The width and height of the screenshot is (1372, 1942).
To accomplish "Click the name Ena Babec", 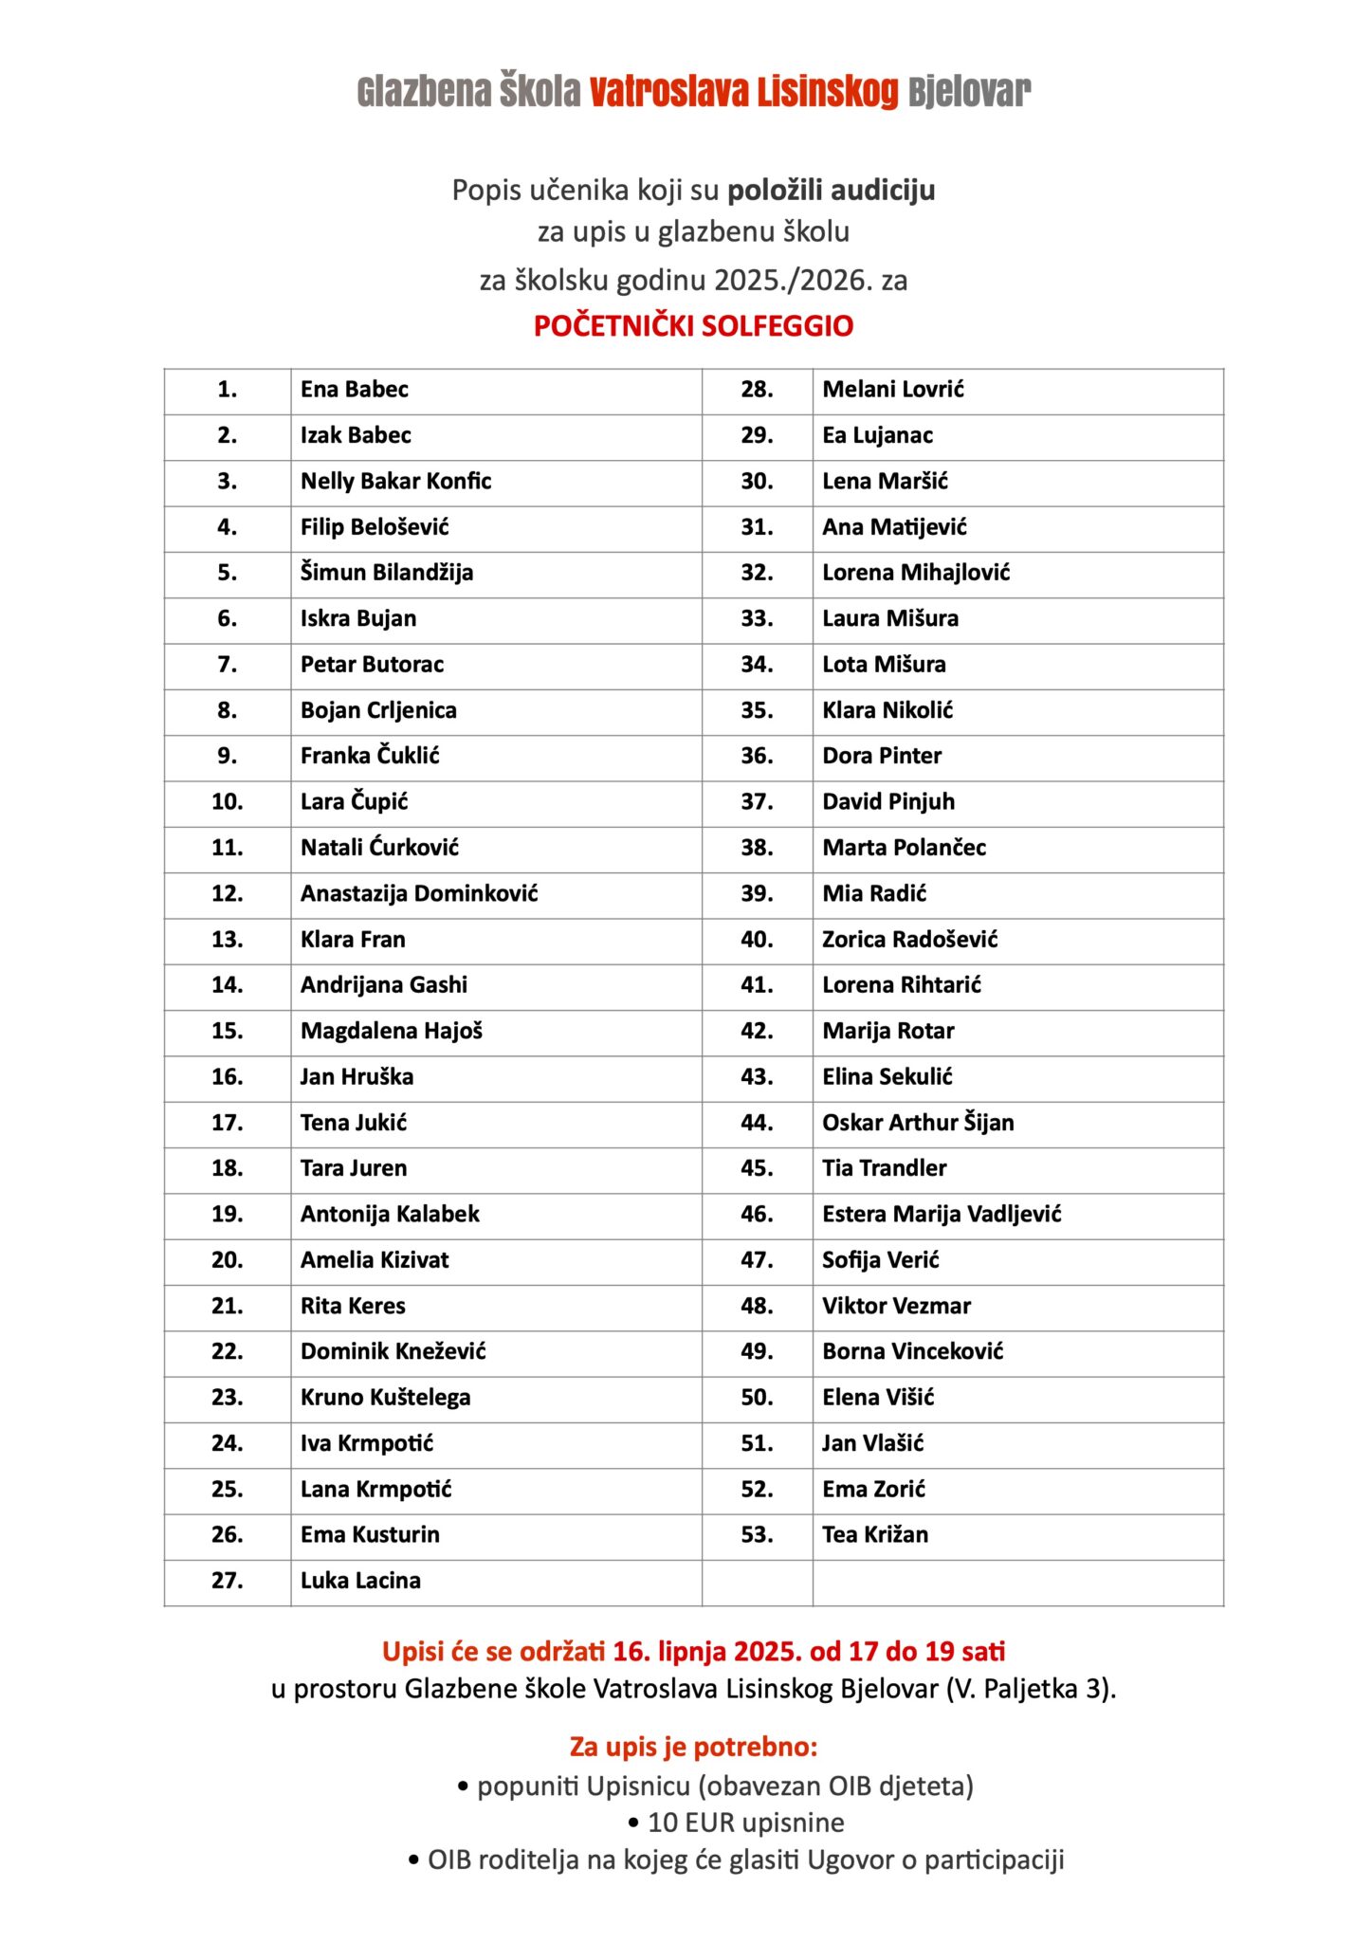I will [x=354, y=390].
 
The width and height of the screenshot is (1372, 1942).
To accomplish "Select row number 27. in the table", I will [x=227, y=1581].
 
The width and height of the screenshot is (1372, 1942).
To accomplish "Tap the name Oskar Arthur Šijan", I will [x=917, y=1123].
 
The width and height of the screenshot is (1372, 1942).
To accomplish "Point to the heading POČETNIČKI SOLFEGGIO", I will [x=693, y=326].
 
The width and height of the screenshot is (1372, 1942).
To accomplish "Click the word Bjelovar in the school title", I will [x=968, y=92].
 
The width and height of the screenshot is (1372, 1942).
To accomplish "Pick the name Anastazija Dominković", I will [x=419, y=893].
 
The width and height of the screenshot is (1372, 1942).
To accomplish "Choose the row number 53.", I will [x=757, y=1535].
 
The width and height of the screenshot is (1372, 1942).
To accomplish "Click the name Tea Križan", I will [x=874, y=1535].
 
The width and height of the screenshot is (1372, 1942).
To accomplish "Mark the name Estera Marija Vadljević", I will [x=941, y=1215].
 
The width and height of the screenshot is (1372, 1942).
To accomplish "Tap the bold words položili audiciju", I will [x=831, y=191].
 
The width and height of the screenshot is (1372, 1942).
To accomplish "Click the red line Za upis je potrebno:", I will [x=693, y=1747].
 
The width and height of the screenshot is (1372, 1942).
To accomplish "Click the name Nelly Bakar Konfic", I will [x=395, y=482].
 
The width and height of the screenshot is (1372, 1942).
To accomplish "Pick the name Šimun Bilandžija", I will [x=386, y=573].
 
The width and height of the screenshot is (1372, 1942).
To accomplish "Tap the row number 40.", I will [x=757, y=940].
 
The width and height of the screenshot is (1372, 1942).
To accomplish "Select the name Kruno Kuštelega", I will [x=385, y=1398].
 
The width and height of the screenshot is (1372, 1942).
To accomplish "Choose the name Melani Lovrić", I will [x=892, y=390].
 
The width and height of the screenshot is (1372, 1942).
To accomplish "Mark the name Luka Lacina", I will [x=360, y=1581].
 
